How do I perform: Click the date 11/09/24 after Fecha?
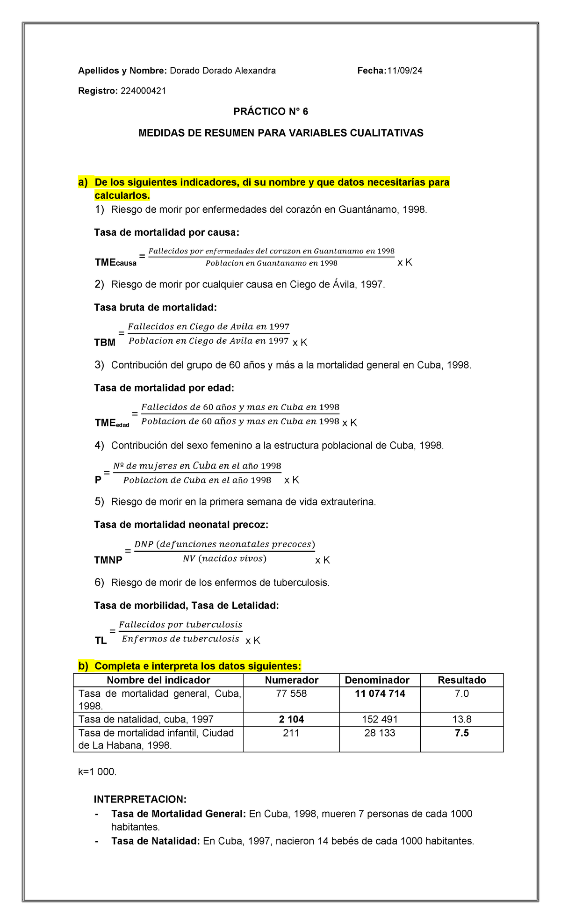click(x=404, y=71)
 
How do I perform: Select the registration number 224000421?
click(x=144, y=91)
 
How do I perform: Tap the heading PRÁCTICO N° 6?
click(x=271, y=112)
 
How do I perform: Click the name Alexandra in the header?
click(x=255, y=71)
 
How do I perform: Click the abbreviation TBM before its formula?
click(x=105, y=343)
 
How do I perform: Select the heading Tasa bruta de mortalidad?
click(x=156, y=307)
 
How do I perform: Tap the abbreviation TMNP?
click(x=108, y=560)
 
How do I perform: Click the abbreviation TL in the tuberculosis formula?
click(x=101, y=641)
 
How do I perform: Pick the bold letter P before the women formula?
click(x=98, y=480)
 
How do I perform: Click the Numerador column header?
click(x=291, y=680)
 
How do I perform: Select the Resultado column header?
click(x=461, y=680)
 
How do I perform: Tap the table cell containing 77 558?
click(x=291, y=693)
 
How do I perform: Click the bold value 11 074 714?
click(x=380, y=693)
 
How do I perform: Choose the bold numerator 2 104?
click(x=291, y=719)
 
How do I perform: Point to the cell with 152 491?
click(x=380, y=719)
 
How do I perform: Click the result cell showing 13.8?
click(x=461, y=719)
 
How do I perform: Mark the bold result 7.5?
click(x=461, y=733)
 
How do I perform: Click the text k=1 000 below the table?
click(x=97, y=772)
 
